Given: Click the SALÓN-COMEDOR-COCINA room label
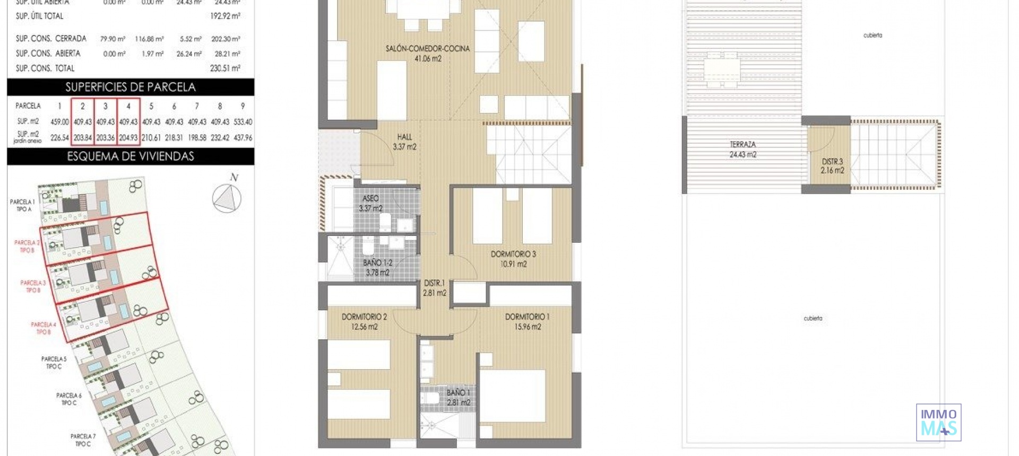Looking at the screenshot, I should pos(427,53).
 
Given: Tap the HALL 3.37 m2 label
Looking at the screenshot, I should pos(404,142).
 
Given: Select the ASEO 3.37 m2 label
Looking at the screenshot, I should pos(370,203).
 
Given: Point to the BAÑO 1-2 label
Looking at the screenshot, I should pos(377,267).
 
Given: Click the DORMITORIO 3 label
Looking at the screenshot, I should pos(513,259).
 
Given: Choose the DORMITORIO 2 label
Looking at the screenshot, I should pos(364,321).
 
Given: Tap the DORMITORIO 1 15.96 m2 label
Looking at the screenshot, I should pos(527,321).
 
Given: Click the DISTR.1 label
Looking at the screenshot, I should pos(434,288).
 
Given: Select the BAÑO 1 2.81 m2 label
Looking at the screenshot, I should pos(457,397).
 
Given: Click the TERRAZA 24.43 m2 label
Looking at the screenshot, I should pos(742,149).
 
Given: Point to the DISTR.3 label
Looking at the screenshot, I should pos(832,165).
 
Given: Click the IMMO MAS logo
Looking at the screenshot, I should pos(938,423).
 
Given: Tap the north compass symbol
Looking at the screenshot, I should pos(227,197).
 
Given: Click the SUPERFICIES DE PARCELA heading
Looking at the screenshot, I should pos(131,87).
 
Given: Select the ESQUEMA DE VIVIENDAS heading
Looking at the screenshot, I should pos(131,156).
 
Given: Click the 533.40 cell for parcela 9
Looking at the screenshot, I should pos(243,122).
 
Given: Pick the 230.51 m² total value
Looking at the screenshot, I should pos(225,68).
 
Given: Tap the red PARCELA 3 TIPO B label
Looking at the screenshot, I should pos(33,286).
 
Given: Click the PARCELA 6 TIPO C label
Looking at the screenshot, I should pos(69,399).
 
